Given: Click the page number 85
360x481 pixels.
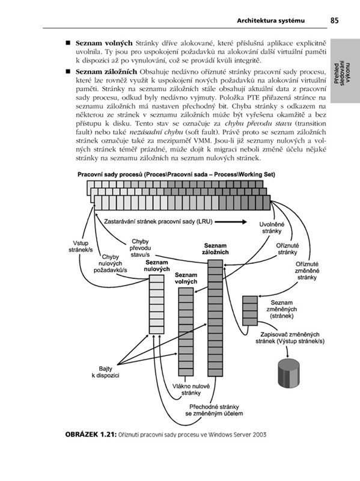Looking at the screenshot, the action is click(x=335, y=20).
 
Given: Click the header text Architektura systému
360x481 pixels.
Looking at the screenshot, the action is click(x=271, y=21).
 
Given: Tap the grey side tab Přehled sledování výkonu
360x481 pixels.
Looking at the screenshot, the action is click(x=345, y=71).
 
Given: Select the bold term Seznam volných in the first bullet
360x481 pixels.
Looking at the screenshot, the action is click(x=104, y=43).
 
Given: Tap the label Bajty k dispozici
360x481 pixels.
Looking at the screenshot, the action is click(x=106, y=372).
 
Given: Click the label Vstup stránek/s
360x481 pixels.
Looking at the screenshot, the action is click(x=81, y=247).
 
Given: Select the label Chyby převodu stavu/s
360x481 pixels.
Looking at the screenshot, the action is click(x=141, y=248).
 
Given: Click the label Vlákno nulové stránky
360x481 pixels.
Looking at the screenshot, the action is click(x=191, y=390).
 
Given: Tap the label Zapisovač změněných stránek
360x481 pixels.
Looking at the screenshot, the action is click(x=290, y=338).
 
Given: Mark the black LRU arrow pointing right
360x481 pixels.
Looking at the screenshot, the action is click(x=231, y=222).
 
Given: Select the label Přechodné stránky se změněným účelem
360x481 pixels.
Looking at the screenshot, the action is click(x=214, y=410).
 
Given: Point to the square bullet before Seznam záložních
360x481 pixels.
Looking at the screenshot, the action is click(x=68, y=72).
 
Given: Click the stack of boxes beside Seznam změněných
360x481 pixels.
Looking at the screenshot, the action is click(x=250, y=310).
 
